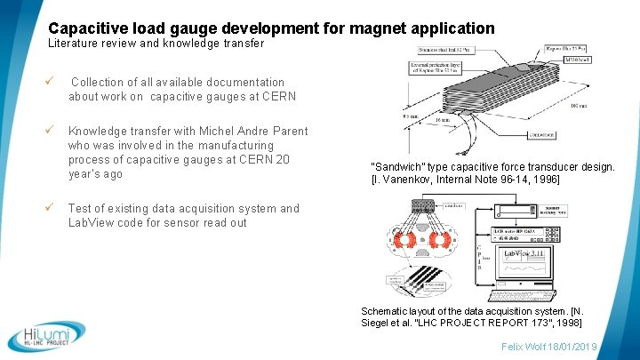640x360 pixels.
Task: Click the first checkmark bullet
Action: click(52, 82)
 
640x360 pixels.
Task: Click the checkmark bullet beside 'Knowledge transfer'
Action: click(52, 131)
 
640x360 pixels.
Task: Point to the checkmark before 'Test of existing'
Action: click(52, 208)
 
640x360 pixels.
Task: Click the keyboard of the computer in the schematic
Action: click(521, 292)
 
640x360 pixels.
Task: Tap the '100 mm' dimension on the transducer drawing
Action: click(578, 106)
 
